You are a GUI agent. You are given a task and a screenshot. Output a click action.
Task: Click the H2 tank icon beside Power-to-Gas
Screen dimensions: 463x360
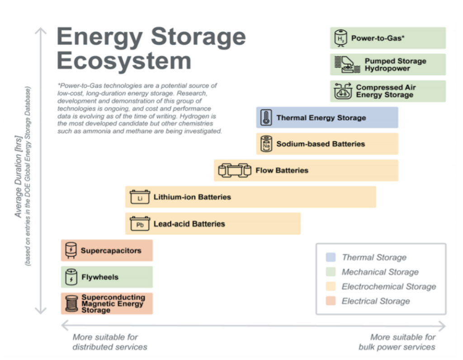[340, 38]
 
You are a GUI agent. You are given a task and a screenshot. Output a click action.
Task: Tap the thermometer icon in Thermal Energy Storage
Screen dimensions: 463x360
[266, 118]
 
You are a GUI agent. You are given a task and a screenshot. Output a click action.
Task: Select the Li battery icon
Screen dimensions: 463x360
[140, 197]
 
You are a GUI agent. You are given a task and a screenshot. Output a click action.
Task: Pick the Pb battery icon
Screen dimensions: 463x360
[140, 224]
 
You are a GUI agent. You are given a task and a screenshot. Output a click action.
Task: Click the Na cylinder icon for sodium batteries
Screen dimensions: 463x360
[266, 144]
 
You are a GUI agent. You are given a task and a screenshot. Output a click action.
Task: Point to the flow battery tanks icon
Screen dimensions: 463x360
[235, 171]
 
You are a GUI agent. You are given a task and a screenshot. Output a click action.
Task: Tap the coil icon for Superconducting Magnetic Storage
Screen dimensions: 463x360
[71, 303]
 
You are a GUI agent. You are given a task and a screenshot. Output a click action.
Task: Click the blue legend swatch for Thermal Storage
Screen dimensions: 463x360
[331, 257]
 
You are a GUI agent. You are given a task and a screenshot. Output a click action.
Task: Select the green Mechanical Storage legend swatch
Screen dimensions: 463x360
[331, 272]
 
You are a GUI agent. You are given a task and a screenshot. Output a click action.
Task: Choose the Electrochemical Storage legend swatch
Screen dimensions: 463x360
[331, 286]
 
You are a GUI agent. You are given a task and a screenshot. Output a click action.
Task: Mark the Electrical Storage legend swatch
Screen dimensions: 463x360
[331, 301]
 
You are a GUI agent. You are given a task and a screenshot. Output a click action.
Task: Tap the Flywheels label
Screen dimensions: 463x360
[100, 277]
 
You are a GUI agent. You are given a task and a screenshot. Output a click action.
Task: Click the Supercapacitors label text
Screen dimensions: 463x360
[111, 251]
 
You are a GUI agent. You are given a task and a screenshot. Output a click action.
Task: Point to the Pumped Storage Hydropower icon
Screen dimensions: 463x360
[347, 64]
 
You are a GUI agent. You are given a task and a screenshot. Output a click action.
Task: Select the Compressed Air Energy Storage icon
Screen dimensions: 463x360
[343, 91]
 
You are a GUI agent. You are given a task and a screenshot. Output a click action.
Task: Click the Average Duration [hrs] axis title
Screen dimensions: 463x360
[18, 176]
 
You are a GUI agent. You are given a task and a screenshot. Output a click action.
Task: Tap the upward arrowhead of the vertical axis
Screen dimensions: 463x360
[41, 31]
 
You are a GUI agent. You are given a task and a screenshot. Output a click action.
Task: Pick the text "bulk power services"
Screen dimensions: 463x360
[397, 347]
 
